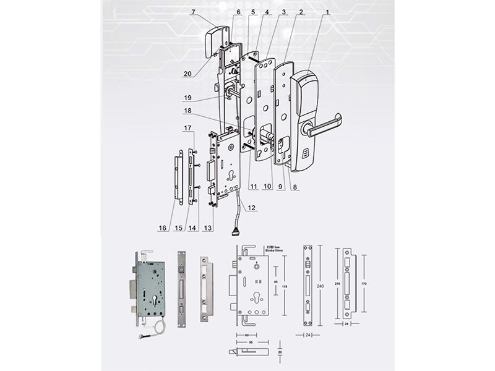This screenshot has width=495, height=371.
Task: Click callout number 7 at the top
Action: pos(193,12)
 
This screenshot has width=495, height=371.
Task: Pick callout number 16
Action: pos(162,228)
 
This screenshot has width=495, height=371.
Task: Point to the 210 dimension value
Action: pos(337,286)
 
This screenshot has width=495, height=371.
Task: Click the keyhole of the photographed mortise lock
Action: pos(150,304)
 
